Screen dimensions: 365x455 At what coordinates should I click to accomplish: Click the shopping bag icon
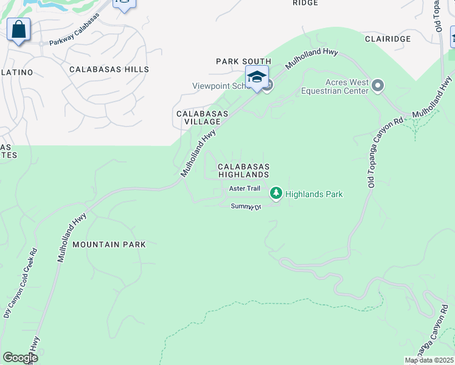[19, 29]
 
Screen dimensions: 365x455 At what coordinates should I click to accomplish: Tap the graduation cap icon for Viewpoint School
[257, 77]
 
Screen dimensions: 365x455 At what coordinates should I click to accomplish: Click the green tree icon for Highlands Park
[276, 193]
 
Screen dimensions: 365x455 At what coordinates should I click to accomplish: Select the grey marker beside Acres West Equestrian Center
[378, 86]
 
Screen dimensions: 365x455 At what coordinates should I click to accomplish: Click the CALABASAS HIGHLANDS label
[243, 170]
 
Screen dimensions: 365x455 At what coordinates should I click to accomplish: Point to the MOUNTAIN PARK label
[109, 245]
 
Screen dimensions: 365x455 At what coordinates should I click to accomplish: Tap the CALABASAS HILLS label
[109, 69]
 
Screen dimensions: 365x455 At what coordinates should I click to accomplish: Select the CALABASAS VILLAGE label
[202, 118]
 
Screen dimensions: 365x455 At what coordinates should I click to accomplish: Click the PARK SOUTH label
[243, 61]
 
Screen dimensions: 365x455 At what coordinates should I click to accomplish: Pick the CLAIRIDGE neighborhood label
[389, 38]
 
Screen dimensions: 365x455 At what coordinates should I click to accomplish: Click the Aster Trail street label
[245, 189]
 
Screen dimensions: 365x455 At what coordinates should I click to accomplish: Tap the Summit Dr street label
[246, 207]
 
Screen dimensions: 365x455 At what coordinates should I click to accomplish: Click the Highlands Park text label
[314, 194]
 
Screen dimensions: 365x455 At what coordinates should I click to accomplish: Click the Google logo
[19, 358]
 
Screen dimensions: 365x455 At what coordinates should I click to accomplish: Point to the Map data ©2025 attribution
[429, 360]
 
